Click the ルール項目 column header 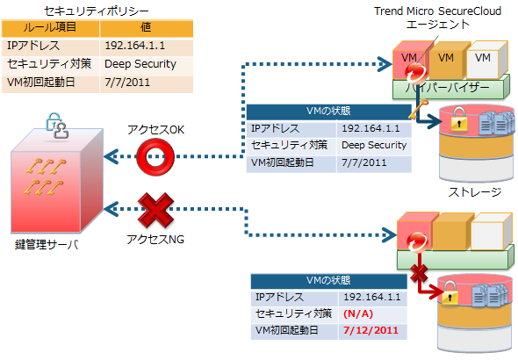(x=50, y=28)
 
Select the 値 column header (x=146, y=28)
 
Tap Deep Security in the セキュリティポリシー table (x=140, y=64)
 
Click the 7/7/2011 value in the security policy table (x=127, y=82)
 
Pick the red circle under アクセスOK (x=155, y=156)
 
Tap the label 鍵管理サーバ (x=47, y=245)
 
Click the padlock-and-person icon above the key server (x=57, y=126)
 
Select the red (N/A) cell (x=358, y=313)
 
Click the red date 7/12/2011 (x=371, y=330)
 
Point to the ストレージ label (x=475, y=192)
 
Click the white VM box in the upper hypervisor (x=486, y=60)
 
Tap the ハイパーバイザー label (x=447, y=88)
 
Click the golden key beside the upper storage (x=418, y=109)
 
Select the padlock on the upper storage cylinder (x=459, y=119)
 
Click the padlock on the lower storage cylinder (x=450, y=292)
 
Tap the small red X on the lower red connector (x=419, y=273)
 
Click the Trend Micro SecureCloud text (x=437, y=11)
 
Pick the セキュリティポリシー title (x=97, y=11)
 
